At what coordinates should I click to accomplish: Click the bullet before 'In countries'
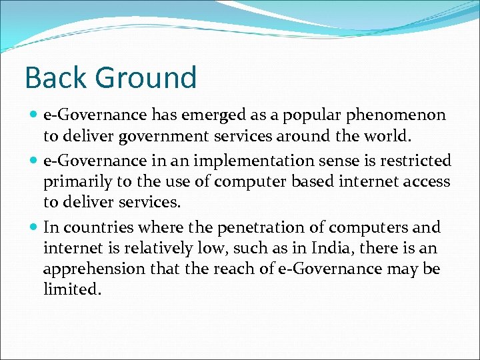pyautogui.click(x=33, y=227)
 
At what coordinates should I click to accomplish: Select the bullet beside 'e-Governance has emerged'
pyautogui.click(x=33, y=115)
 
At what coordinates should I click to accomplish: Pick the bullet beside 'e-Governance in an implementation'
pyautogui.click(x=33, y=161)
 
